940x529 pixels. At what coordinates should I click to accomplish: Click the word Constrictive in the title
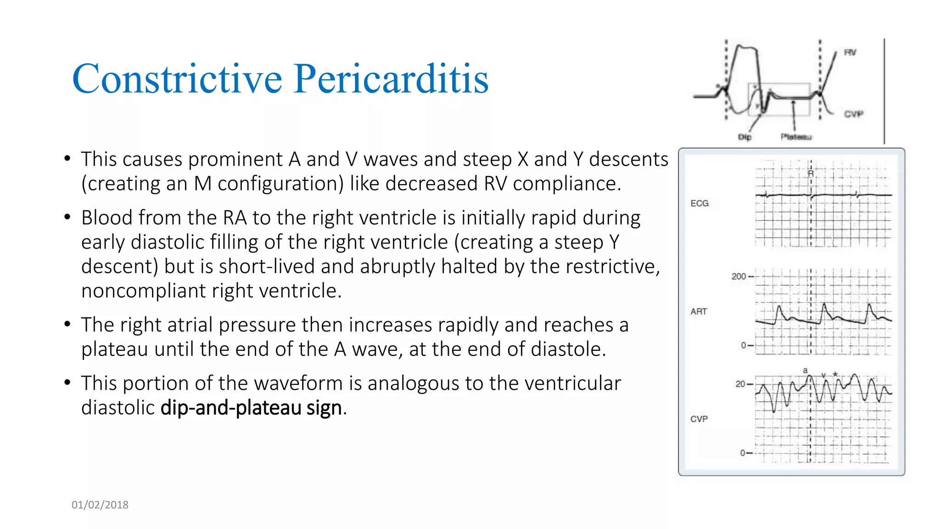point(177,79)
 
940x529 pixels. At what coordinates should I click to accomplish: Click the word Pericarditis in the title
point(391,79)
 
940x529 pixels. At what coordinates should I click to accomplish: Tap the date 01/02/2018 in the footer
point(100,505)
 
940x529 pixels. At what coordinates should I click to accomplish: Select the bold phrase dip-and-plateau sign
point(251,407)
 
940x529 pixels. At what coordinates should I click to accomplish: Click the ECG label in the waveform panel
point(699,203)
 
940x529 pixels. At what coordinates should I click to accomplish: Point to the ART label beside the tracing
point(699,311)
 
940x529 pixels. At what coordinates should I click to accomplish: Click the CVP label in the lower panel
point(699,419)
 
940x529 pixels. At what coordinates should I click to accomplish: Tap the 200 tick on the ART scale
point(739,276)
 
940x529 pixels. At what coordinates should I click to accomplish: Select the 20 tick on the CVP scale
point(740,384)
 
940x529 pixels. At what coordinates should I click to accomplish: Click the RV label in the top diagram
point(850,52)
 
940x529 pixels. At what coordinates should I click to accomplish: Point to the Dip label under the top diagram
point(744,137)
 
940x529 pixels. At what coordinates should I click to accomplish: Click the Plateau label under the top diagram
point(796,137)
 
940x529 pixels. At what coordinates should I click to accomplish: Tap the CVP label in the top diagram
point(854,114)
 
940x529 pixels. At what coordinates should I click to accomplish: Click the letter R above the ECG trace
point(811,174)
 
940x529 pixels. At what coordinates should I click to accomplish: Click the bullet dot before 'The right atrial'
point(67,325)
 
